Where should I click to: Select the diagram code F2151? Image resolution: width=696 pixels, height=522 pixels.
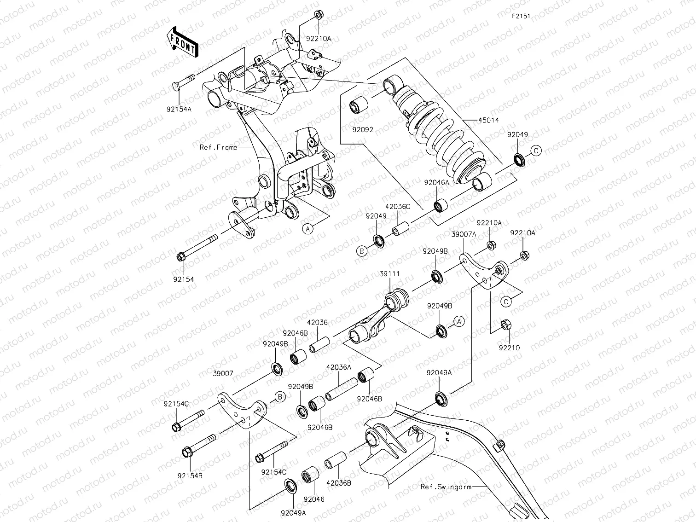pos(521,16)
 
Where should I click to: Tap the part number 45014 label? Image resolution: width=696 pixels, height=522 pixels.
pos(488,120)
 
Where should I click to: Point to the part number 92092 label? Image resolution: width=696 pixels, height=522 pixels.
pos(363,130)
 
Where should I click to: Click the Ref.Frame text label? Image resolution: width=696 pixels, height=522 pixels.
pos(218,147)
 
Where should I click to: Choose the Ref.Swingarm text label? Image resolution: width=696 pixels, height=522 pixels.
pos(446,487)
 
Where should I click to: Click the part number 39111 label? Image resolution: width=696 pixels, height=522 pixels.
pos(389,274)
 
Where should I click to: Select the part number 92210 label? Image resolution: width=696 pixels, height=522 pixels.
pos(509,348)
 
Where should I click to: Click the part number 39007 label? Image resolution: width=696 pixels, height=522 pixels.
pos(222,374)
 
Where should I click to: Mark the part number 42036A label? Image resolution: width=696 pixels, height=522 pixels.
pos(339,367)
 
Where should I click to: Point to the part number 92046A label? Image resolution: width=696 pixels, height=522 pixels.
pos(437,182)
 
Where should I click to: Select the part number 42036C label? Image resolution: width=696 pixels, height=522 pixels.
pos(398,207)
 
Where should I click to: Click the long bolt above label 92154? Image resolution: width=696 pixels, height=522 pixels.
pos(198,247)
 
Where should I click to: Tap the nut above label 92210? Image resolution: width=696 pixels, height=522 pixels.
pos(505,325)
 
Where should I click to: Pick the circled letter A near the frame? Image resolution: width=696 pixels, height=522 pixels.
pos(307,227)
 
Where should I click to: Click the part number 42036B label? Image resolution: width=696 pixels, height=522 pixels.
pos(339,483)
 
